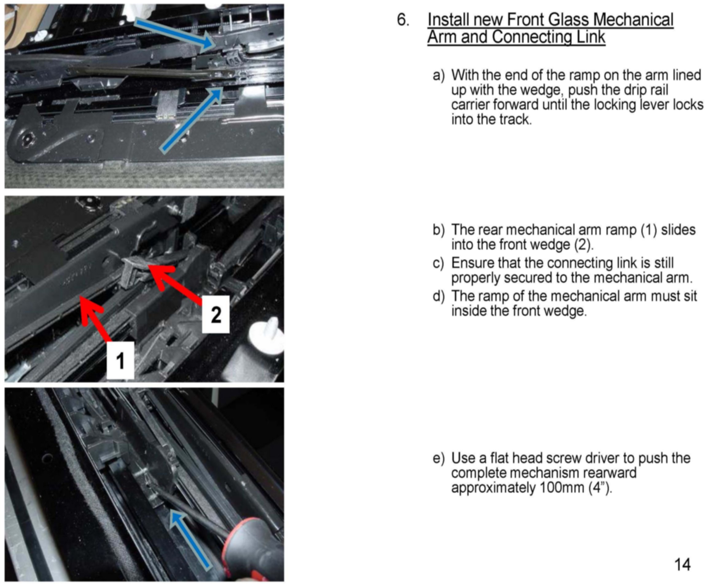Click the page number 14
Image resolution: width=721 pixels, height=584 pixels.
[683, 564]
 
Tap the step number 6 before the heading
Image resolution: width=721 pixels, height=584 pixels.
[403, 20]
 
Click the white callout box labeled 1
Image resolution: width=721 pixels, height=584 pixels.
[120, 360]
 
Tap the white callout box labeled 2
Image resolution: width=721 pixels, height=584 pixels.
[216, 315]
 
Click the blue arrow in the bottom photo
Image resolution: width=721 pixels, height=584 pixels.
[190, 538]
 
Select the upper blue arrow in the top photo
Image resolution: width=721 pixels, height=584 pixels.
[175, 35]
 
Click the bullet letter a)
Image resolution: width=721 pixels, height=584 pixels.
[439, 75]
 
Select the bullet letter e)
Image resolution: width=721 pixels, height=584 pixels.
[439, 458]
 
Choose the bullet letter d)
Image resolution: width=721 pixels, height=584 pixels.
[439, 296]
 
